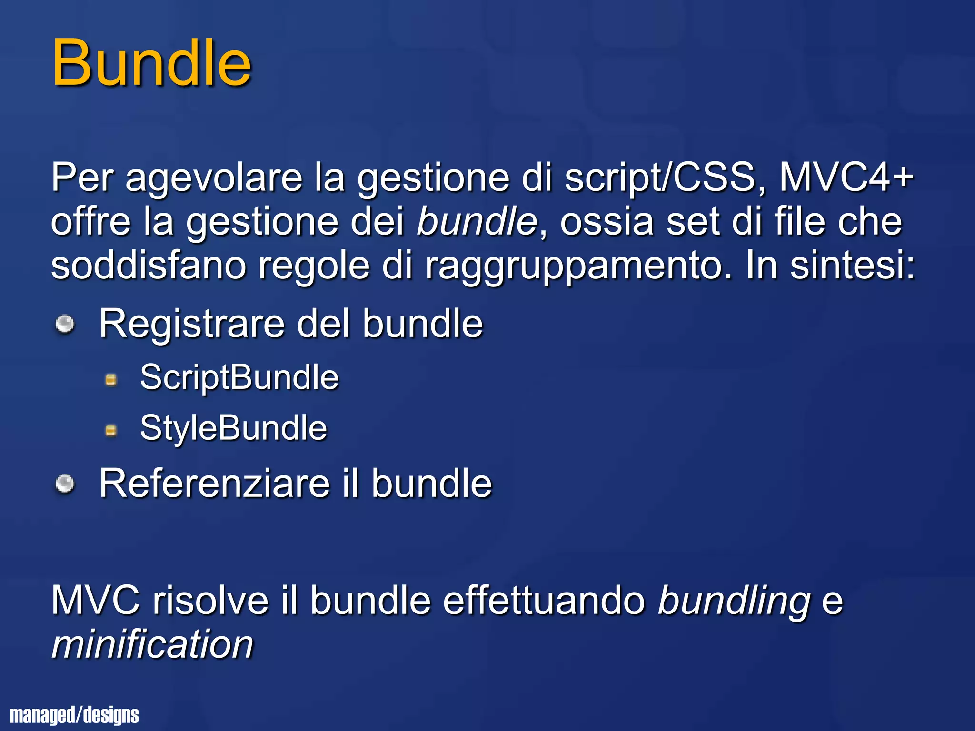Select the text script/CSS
coord(660,178)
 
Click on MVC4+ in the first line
coord(846,178)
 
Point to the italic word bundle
coord(477,221)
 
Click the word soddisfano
coord(149,265)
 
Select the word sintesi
coord(852,265)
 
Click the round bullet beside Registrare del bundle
coord(65,325)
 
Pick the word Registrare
coord(191,324)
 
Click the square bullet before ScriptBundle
coord(111,380)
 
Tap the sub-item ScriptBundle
coord(239,377)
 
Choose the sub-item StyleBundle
coord(233,428)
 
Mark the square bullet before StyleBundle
coord(111,431)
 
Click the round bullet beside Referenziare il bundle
coord(65,484)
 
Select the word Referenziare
coord(214,484)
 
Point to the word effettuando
coord(544,601)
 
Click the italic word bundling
coord(734,601)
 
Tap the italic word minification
coord(152,644)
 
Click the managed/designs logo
coord(74,715)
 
